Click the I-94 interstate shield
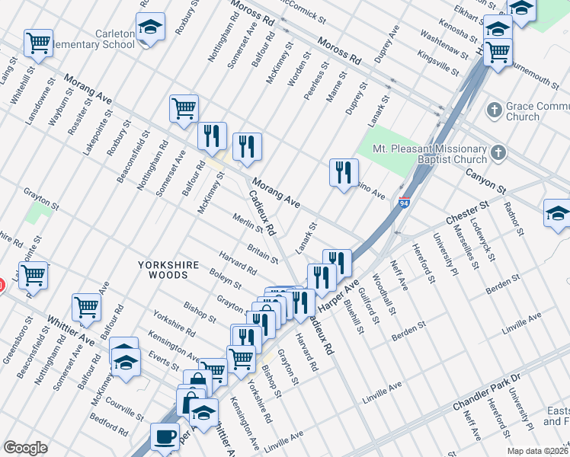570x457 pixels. [x=404, y=204]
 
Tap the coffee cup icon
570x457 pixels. [x=164, y=436]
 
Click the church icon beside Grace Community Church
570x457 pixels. [x=495, y=108]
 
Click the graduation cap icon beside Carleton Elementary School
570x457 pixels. [x=151, y=27]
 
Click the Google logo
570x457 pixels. [x=25, y=448]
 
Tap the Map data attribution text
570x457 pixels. [x=537, y=450]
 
